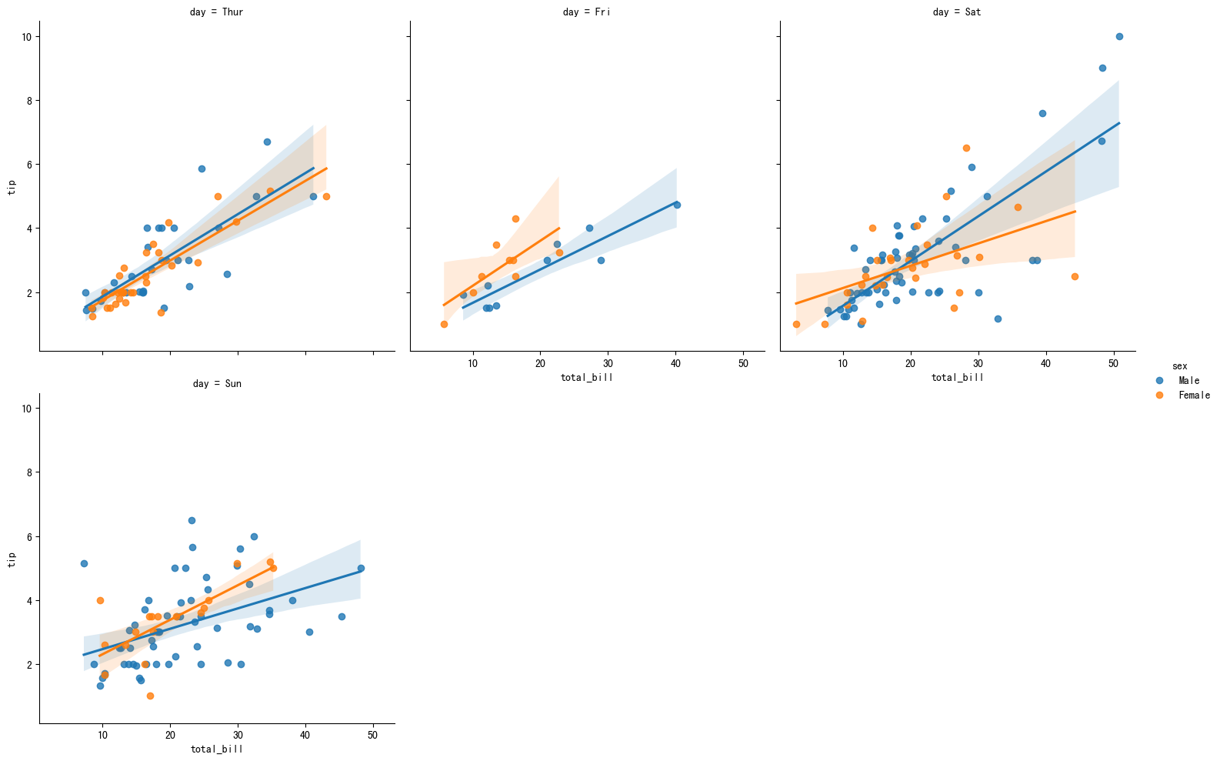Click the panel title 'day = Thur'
(x=216, y=12)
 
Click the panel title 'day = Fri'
(x=586, y=12)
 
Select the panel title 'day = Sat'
(x=957, y=12)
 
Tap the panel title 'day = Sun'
(x=216, y=383)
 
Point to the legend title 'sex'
(x=1179, y=366)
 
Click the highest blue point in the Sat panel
(x=1119, y=36)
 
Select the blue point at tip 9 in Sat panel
(x=1102, y=68)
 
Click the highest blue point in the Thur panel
(x=267, y=142)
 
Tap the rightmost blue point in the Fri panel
(x=677, y=205)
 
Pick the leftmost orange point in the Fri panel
(x=444, y=324)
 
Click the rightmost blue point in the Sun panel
(x=361, y=568)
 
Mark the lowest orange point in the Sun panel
(x=150, y=696)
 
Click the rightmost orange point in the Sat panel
(x=1075, y=276)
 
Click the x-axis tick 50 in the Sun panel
(x=373, y=736)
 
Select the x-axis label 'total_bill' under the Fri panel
(x=586, y=378)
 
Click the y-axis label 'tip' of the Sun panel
(x=12, y=559)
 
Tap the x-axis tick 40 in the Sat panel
(x=1046, y=365)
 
